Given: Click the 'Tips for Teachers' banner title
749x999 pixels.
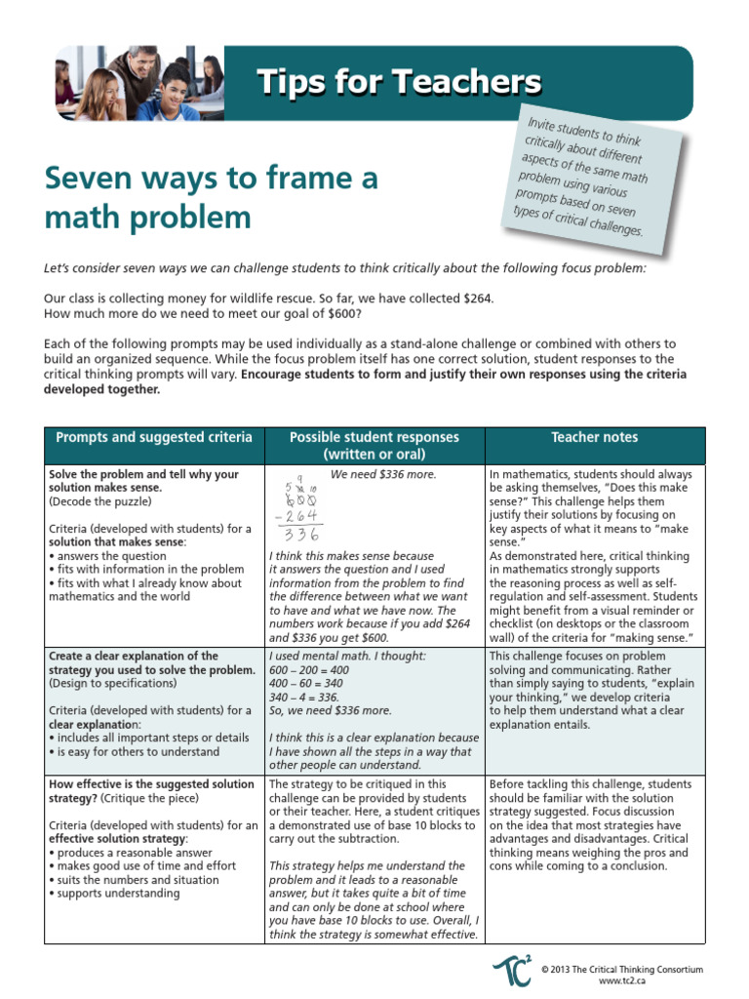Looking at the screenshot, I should coord(399,82).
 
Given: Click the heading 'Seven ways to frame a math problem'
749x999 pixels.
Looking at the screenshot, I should coord(211,198).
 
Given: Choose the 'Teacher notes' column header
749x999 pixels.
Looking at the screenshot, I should coord(594,437).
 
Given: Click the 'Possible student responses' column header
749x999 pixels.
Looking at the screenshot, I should coord(374,446).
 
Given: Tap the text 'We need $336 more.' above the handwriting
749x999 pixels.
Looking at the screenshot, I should coord(382,475).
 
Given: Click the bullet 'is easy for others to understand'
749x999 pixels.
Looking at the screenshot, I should coord(136,752).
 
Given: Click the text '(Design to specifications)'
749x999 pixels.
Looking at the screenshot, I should coord(117,684).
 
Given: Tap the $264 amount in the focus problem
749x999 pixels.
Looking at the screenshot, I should coord(475,298).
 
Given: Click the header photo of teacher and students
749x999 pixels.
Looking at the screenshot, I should coord(138,83).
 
